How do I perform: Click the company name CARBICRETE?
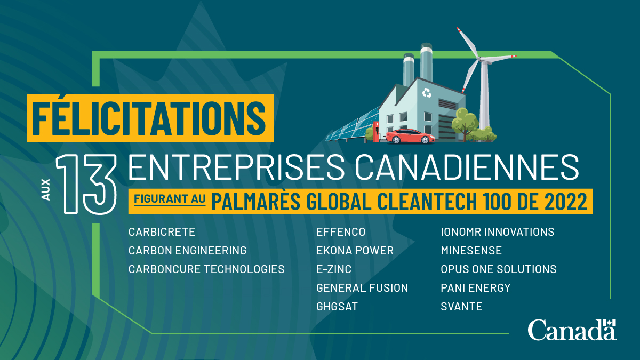click(162, 232)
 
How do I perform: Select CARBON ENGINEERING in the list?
click(187, 251)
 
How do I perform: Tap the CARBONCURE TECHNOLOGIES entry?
click(206, 269)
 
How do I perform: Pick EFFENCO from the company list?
click(341, 232)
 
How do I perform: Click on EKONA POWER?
click(355, 251)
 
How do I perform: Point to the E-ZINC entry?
click(334, 269)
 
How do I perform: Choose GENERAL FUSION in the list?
click(362, 288)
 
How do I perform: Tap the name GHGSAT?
click(337, 307)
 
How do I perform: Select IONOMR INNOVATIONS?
click(497, 232)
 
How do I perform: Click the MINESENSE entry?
click(471, 251)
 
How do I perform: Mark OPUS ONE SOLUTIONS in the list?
click(498, 269)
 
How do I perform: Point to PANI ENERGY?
click(475, 288)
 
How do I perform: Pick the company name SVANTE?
click(461, 307)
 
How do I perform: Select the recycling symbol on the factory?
click(426, 93)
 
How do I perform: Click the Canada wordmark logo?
click(572, 330)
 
